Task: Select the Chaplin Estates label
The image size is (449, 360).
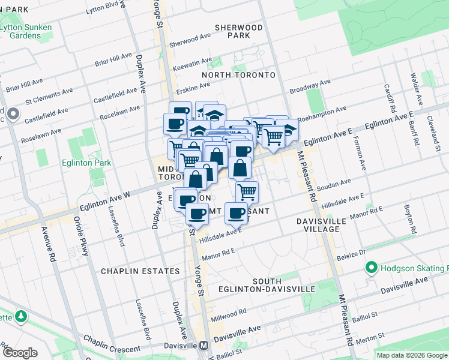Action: [x=140, y=271]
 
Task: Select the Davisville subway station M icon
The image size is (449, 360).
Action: [x=204, y=346]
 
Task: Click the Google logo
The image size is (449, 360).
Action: [x=20, y=352]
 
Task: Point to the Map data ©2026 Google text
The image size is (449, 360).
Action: [x=412, y=355]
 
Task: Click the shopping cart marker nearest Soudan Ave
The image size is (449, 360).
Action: [x=247, y=192]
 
